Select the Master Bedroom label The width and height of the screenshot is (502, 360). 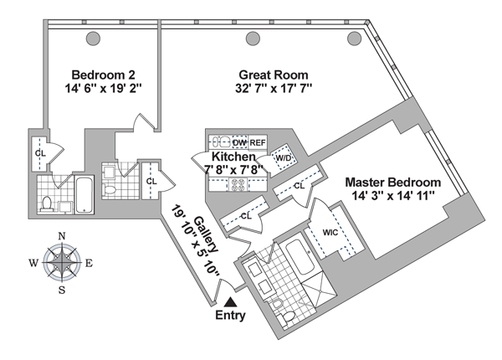click(395, 182)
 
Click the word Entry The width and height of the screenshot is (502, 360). click(231, 316)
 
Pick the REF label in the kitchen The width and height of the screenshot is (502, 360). click(258, 142)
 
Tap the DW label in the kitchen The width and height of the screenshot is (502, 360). click(238, 142)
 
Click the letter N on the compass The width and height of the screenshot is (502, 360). click(61, 236)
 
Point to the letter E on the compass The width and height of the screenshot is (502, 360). click(89, 263)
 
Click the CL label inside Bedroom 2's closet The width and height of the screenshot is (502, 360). click(39, 154)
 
